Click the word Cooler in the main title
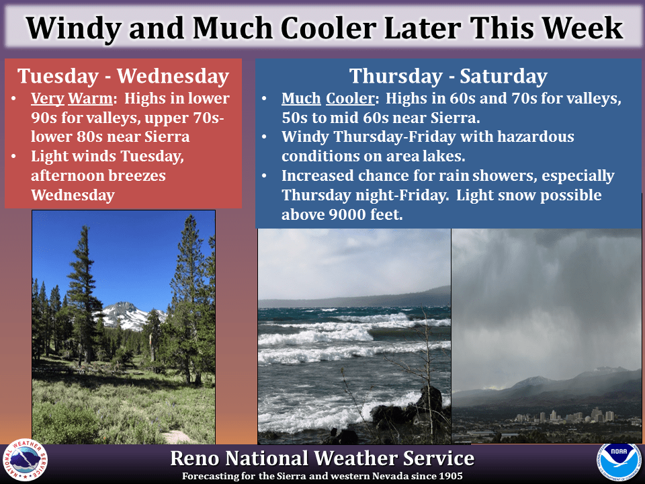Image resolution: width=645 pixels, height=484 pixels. coord(328,28)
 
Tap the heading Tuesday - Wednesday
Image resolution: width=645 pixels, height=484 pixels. coord(123,76)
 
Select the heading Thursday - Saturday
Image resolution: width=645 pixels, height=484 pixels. coord(448,76)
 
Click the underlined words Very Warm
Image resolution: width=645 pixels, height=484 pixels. coord(72,99)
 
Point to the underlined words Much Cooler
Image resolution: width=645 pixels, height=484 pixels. coord(328,98)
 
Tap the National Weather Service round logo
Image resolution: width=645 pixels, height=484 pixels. coord(25,460)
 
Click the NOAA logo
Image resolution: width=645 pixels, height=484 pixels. coord(619,462)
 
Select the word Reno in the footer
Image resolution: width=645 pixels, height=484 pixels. coord(193,458)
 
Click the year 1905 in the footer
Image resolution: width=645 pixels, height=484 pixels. coord(450,476)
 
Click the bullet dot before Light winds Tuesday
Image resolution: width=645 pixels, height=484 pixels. coord(13,157)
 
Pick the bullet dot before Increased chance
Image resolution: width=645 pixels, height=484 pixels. coord(264,175)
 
